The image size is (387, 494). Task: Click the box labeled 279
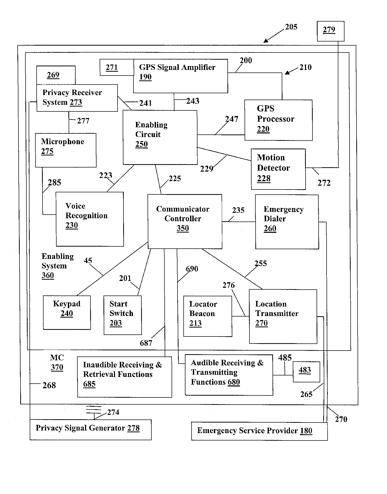click(330, 31)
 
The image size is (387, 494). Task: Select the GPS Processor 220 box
click(278, 120)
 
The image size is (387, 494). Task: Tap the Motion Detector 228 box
click(278, 169)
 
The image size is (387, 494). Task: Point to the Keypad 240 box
click(67, 312)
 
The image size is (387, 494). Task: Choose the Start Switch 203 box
click(123, 315)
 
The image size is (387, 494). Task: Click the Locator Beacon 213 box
click(208, 316)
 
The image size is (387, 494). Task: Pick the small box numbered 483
click(306, 372)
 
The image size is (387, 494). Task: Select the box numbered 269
click(56, 75)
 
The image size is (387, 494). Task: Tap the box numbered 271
click(117, 68)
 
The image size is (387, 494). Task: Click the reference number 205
click(291, 27)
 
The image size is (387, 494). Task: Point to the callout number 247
click(232, 119)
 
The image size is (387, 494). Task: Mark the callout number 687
click(146, 343)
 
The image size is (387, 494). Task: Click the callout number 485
click(285, 358)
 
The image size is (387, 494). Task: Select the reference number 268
click(49, 385)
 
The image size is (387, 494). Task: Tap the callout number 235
click(238, 210)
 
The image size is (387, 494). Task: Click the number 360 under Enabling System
click(48, 275)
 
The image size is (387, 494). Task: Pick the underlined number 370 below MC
click(57, 367)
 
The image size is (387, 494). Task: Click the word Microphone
click(62, 142)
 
